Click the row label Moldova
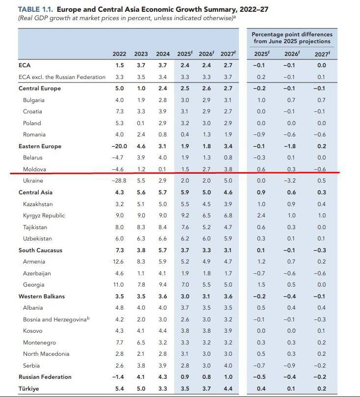pyautogui.click(x=34, y=169)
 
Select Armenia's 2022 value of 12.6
pyautogui.click(x=119, y=262)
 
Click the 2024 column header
pyautogui.click(x=163, y=54)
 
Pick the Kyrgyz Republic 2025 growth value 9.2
pyautogui.click(x=184, y=215)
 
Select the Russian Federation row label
pyautogui.click(x=45, y=377)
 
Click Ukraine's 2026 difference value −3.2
pyautogui.click(x=291, y=181)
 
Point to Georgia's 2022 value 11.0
pyautogui.click(x=119, y=285)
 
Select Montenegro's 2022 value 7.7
pyautogui.click(x=119, y=343)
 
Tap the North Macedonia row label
pyautogui.click(x=46, y=354)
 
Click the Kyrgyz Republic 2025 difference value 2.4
pyautogui.click(x=261, y=215)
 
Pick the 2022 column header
pyautogui.click(x=119, y=54)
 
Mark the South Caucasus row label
pyautogui.click(x=40, y=250)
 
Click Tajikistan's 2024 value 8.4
pyautogui.click(x=163, y=227)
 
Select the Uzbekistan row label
pyautogui.click(x=37, y=238)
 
